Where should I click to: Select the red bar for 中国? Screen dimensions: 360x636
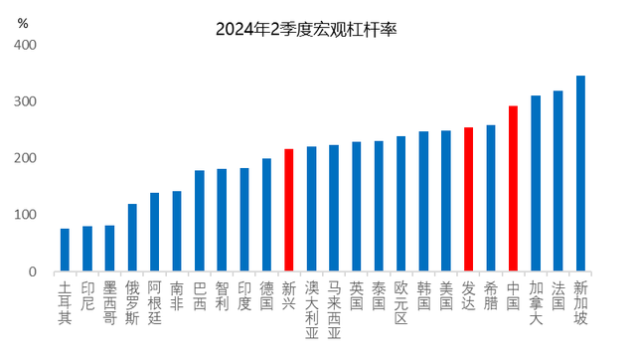[513, 189]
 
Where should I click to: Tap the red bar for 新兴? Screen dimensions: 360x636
[288, 211]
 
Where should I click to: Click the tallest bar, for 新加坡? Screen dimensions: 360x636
[580, 174]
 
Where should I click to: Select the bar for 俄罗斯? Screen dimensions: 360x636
[132, 238]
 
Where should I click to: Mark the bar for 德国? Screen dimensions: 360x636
[266, 215]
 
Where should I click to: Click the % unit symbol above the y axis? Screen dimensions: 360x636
[23, 21]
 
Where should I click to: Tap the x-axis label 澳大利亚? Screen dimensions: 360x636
[311, 309]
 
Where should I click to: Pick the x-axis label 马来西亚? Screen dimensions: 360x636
[334, 309]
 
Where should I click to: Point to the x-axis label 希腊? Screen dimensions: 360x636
[490, 295]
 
